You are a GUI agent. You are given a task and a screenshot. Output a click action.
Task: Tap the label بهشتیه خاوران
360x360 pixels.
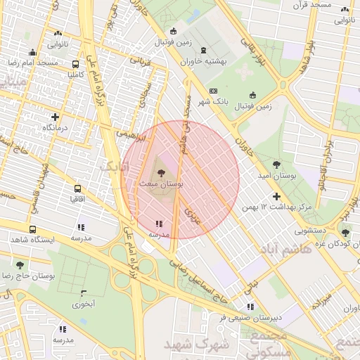click(x=203, y=62)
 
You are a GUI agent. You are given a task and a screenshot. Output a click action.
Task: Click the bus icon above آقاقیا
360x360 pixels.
click(x=77, y=188)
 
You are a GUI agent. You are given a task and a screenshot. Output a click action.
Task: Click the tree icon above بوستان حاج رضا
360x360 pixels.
click(x=19, y=264)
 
